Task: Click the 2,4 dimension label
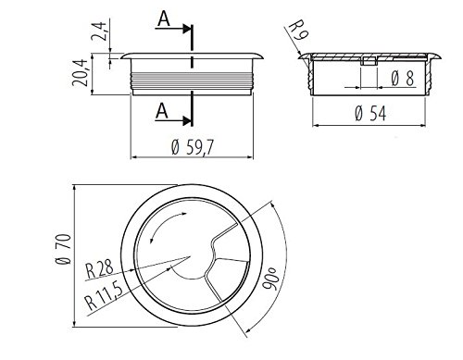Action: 99,31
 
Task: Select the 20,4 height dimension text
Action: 81,73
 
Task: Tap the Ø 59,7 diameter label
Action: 192,147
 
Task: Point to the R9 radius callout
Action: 298,30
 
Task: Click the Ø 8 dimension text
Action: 403,79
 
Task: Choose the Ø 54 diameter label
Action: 370,113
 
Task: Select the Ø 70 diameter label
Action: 64,249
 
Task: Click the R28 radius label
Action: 99,269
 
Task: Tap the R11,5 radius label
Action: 104,296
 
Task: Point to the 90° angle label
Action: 270,279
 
